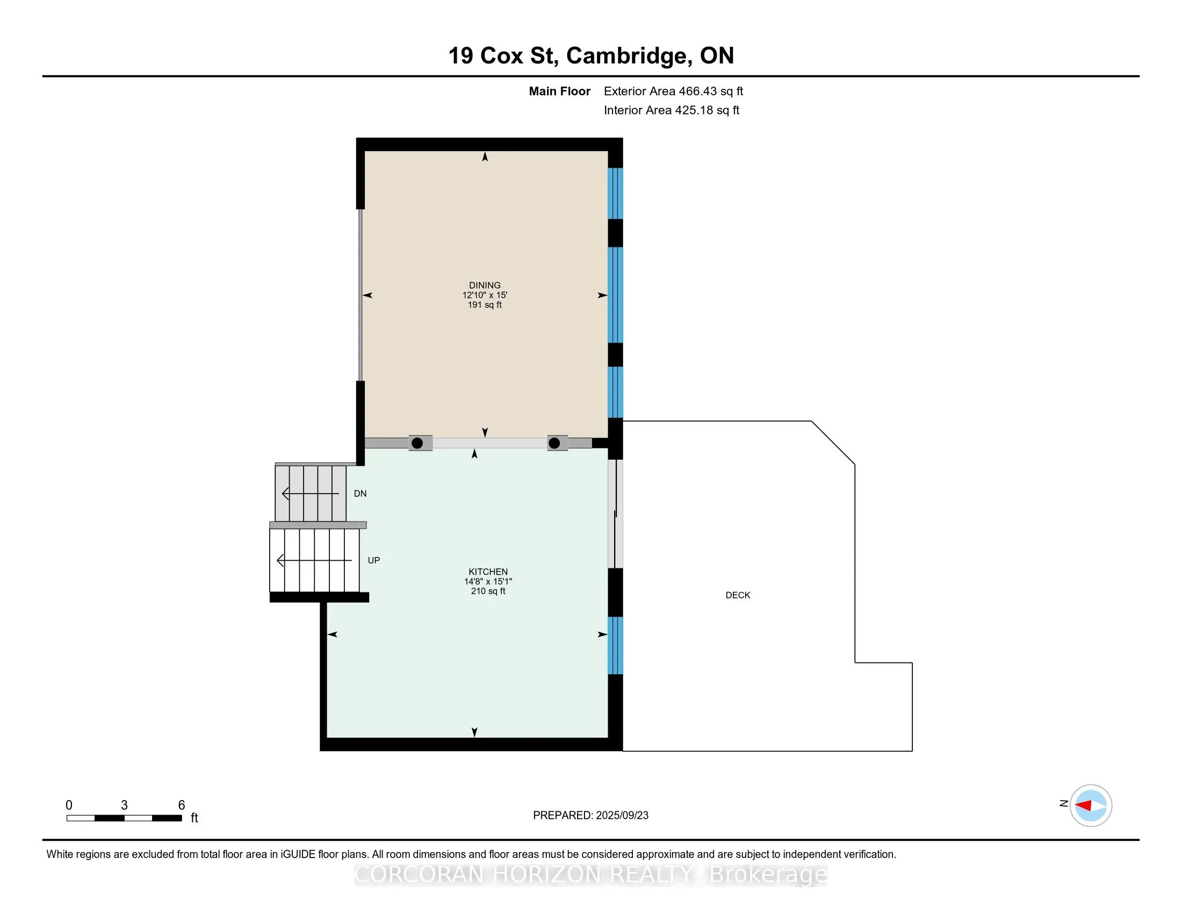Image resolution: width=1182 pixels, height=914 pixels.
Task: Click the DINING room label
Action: [x=485, y=285]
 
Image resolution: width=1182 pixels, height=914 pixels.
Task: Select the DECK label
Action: [x=738, y=595]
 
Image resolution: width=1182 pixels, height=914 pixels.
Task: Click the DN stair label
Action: [x=360, y=494]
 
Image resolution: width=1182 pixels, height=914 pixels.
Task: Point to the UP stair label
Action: [x=373, y=560]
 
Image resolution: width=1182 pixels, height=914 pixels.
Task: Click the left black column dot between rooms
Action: [x=417, y=444]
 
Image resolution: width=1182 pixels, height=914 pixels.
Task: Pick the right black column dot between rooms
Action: [x=554, y=444]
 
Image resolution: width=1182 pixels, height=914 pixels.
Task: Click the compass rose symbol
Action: [x=1091, y=805]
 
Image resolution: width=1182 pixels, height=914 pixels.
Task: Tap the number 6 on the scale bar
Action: [x=181, y=805]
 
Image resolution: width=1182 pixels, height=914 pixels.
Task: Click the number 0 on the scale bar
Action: [x=69, y=805]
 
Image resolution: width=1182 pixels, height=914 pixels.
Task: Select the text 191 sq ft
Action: [x=485, y=305]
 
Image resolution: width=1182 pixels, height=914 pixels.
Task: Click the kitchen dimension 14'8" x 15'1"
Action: [x=488, y=582]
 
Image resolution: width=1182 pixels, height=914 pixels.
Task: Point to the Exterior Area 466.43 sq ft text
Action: [x=673, y=91]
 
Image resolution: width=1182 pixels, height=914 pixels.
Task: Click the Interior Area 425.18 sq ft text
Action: [x=671, y=110]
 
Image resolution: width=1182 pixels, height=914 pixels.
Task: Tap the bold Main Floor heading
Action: [x=559, y=91]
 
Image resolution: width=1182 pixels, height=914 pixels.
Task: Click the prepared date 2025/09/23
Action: [x=621, y=816]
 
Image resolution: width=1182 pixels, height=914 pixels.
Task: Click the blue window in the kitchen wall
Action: [x=615, y=645]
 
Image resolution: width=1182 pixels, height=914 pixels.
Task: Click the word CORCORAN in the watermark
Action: [x=419, y=875]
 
